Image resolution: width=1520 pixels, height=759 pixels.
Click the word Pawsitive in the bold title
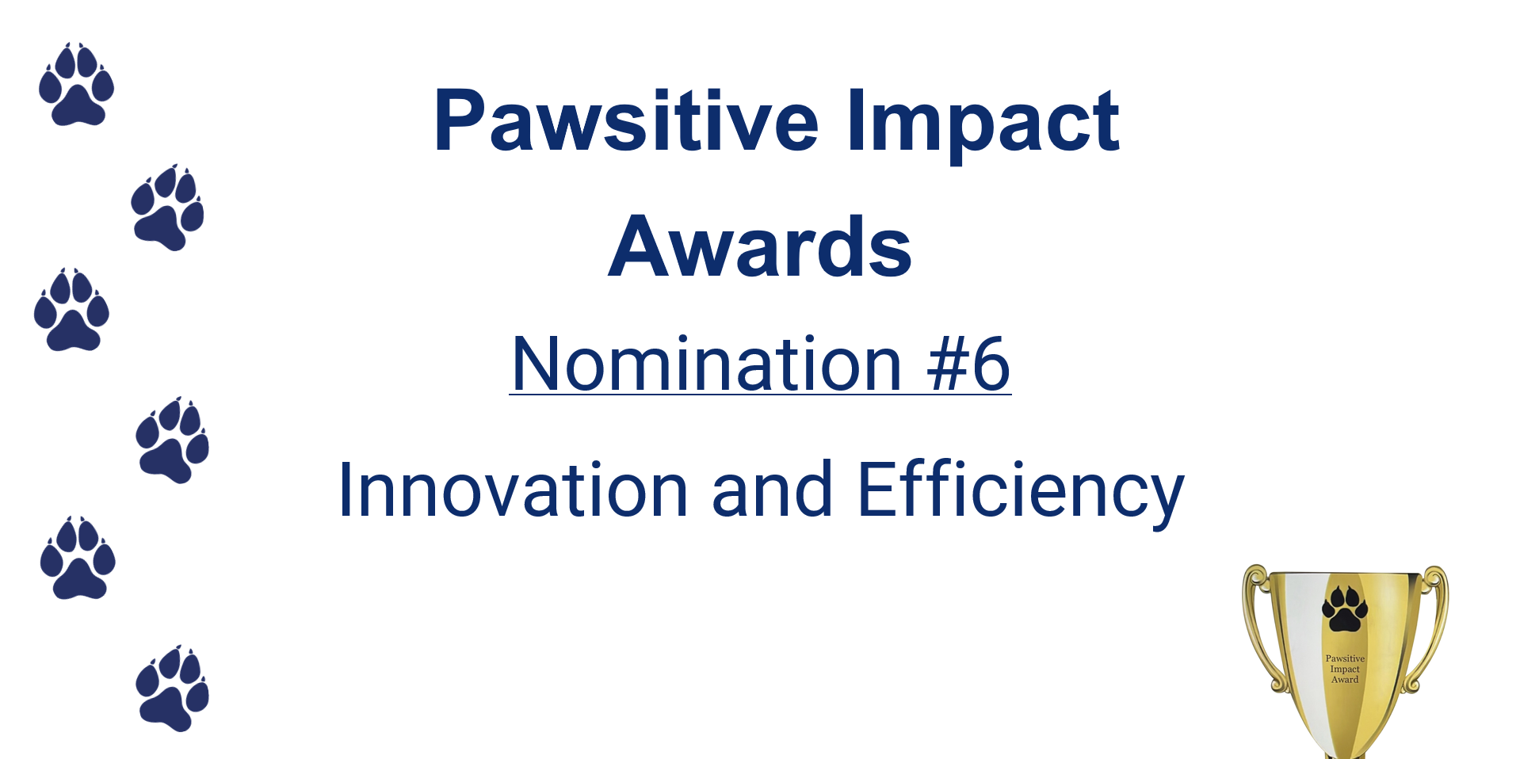pyautogui.click(x=626, y=120)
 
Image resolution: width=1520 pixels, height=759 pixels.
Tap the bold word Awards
pyautogui.click(x=760, y=246)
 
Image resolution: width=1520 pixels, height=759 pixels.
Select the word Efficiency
pyautogui.click(x=1022, y=491)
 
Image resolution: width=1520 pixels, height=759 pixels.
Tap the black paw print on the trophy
pyautogui.click(x=1345, y=608)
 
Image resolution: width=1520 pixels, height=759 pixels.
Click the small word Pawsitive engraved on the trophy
pyautogui.click(x=1345, y=658)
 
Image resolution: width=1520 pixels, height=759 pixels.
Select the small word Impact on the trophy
pyautogui.click(x=1345, y=669)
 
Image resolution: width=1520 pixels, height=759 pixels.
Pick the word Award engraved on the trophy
pyautogui.click(x=1345, y=679)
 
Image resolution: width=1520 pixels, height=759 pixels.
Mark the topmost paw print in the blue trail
pyautogui.click(x=76, y=84)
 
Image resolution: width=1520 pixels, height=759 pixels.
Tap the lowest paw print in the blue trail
pyautogui.click(x=172, y=688)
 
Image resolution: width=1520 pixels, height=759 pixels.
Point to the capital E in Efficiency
pyautogui.click(x=879, y=490)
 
